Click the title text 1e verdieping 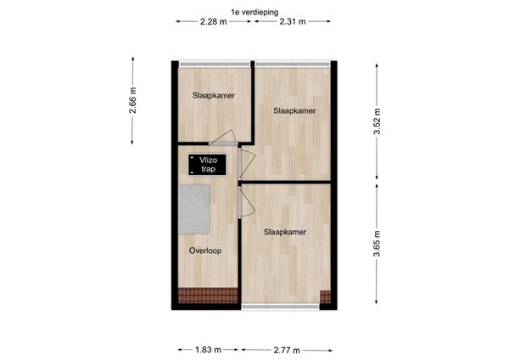254,11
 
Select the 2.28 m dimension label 213,22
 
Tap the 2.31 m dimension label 293,22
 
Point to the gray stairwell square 193,209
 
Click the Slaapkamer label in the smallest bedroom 212,96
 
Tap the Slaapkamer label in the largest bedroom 284,231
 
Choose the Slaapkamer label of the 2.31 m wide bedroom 294,111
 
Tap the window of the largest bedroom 280,304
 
